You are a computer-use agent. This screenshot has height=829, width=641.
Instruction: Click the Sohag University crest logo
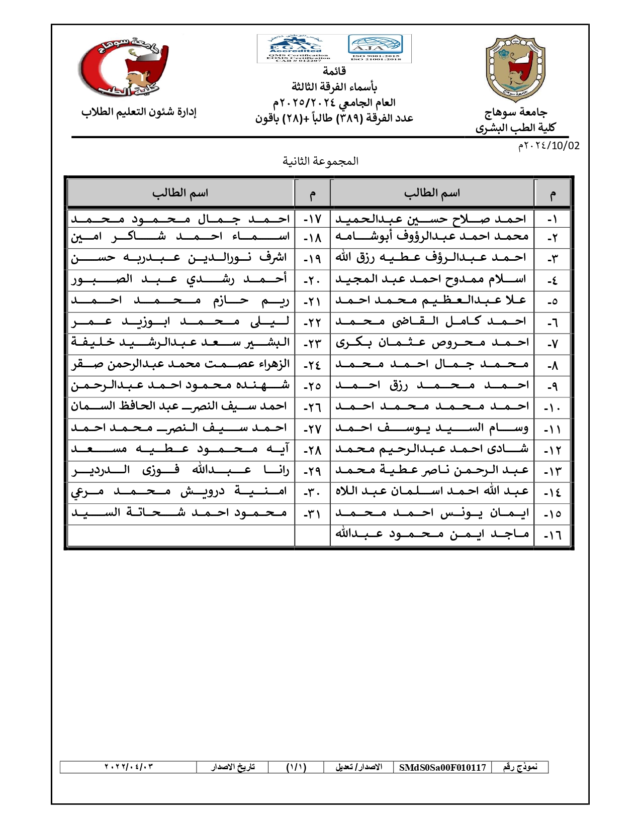[x=515, y=68]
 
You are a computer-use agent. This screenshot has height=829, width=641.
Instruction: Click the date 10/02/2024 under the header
[x=549, y=146]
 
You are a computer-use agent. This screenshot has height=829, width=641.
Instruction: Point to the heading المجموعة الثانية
[x=320, y=161]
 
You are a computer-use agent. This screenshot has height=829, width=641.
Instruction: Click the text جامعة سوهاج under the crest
[x=516, y=113]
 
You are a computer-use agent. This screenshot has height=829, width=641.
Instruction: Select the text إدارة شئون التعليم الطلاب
[x=139, y=112]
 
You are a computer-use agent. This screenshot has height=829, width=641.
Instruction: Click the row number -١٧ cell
[x=312, y=219]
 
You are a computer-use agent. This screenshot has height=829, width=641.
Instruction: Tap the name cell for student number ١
[x=431, y=219]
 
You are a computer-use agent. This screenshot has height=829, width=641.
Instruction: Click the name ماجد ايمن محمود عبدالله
[x=431, y=535]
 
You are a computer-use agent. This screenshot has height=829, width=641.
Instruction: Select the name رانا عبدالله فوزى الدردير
[x=180, y=471]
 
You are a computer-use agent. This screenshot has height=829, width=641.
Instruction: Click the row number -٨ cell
[x=553, y=365]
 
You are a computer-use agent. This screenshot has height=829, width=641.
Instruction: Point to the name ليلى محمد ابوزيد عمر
[x=180, y=322]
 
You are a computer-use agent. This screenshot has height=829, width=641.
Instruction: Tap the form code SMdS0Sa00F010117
[x=442, y=767]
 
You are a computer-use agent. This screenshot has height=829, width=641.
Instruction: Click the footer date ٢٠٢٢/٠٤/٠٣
[x=128, y=767]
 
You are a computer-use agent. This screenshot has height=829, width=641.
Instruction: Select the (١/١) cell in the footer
[x=296, y=767]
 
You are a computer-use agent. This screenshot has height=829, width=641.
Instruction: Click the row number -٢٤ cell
[x=312, y=365]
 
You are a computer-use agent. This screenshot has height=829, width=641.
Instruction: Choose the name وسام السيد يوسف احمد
[x=431, y=429]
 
